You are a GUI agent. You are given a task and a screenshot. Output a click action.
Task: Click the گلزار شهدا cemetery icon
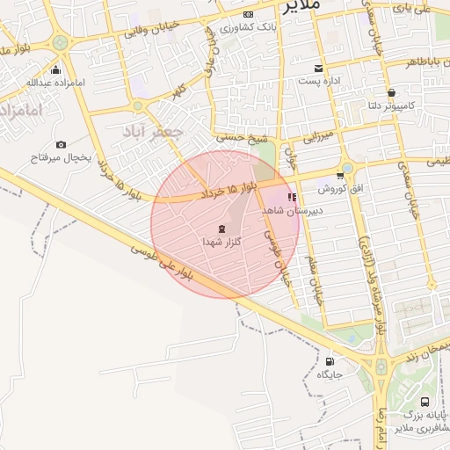[x=220, y=229]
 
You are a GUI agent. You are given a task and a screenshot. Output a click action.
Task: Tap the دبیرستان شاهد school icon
[x=292, y=198]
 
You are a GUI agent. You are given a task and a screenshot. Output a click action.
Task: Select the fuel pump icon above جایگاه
[x=330, y=361]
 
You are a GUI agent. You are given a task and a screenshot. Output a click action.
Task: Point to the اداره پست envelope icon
[x=318, y=69]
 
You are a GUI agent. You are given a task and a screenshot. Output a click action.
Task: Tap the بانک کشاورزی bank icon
[x=249, y=15]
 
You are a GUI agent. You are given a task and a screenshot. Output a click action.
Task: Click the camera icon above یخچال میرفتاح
[x=61, y=144]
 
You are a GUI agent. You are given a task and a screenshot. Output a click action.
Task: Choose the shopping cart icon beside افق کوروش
[x=340, y=177]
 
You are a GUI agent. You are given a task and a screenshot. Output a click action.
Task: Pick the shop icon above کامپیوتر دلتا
[x=390, y=91]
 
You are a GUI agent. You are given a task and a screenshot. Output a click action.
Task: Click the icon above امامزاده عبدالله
[x=56, y=69]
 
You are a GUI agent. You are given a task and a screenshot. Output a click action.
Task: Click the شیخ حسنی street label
[x=243, y=137]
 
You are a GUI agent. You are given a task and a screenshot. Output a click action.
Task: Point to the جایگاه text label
[x=330, y=375]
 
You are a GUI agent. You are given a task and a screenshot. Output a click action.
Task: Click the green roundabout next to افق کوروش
[x=347, y=167]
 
